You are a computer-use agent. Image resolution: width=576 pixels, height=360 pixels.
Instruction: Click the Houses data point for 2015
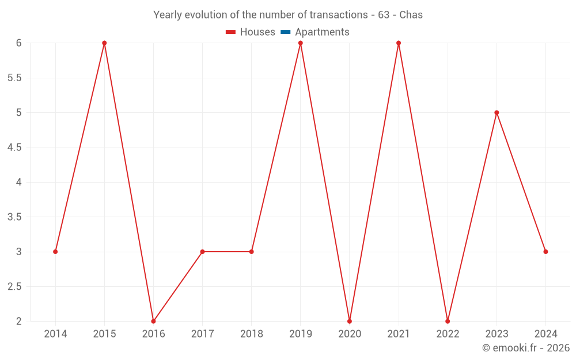[104, 43]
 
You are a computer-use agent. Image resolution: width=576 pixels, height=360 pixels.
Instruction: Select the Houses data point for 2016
[153, 321]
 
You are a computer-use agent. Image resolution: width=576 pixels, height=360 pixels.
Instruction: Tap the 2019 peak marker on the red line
[301, 43]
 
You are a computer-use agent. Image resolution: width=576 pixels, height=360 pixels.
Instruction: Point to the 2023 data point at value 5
[497, 112]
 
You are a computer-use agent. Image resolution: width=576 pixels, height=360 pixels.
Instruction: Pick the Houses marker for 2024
[545, 252]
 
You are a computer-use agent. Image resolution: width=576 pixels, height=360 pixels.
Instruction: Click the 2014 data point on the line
[55, 252]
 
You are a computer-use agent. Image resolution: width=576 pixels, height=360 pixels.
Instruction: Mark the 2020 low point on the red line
[350, 321]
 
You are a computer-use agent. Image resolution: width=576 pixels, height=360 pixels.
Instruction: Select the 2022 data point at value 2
[448, 321]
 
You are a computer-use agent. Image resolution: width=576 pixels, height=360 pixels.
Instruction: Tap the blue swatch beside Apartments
[285, 32]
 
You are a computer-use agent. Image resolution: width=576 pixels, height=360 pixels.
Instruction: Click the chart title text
[288, 15]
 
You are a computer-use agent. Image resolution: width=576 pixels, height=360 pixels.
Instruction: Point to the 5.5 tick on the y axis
[14, 78]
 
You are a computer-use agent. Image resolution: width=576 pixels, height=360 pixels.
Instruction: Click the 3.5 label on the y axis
[14, 217]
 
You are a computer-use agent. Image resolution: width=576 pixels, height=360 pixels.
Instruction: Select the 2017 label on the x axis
[202, 334]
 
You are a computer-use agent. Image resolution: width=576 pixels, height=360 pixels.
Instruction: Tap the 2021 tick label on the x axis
[399, 334]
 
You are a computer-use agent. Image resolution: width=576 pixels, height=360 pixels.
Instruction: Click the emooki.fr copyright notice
[526, 348]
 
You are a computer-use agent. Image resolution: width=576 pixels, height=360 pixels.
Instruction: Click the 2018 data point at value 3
[252, 252]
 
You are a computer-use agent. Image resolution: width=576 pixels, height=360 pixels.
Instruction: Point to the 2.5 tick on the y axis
[14, 287]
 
